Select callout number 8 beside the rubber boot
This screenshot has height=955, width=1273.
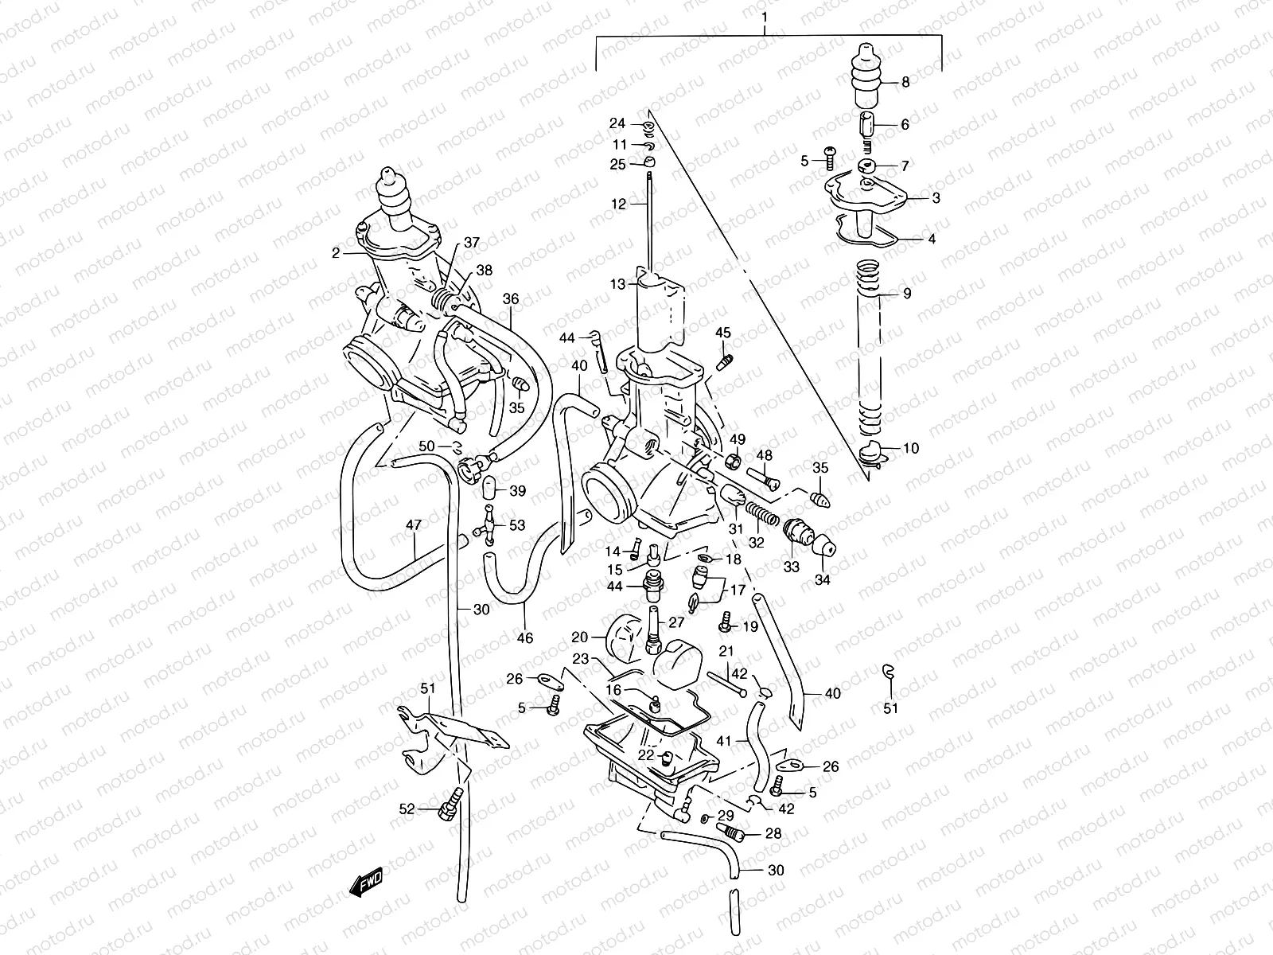[x=905, y=82]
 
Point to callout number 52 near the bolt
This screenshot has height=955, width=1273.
[x=407, y=809]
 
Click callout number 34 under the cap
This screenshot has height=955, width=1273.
[x=823, y=580]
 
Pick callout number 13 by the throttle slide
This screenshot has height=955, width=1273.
[x=619, y=283]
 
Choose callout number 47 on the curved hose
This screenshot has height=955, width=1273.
[x=414, y=525]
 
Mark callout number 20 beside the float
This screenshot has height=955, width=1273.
[x=579, y=637]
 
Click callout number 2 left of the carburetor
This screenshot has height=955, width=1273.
[x=337, y=252]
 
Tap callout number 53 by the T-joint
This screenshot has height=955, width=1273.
[x=517, y=525]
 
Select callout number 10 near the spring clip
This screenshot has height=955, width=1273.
[x=910, y=448]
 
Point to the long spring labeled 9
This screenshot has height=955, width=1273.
[x=869, y=342]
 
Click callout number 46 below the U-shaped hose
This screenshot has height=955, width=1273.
[x=525, y=637]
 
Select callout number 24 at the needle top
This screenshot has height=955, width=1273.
[x=618, y=123]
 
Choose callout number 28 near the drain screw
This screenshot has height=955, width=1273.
[x=772, y=833]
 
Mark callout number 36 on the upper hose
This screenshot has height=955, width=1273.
[x=510, y=299]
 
